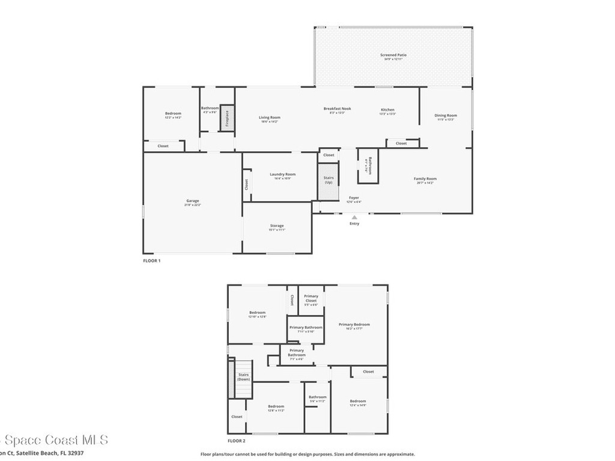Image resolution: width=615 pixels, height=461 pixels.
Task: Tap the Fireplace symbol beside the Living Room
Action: point(226,119)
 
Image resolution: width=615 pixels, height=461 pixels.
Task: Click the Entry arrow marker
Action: point(354,217)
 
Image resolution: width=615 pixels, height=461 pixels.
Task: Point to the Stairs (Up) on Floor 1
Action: point(329,179)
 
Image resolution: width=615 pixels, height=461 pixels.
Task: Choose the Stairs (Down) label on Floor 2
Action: point(243,377)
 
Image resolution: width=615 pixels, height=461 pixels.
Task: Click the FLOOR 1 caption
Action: point(151,261)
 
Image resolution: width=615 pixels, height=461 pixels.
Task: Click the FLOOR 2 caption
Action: point(236,441)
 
